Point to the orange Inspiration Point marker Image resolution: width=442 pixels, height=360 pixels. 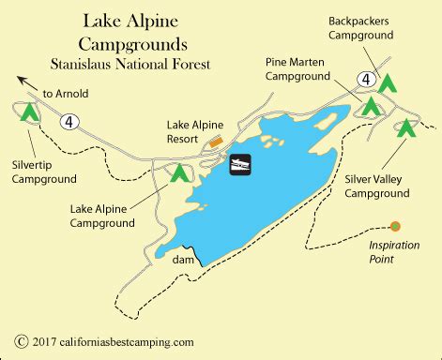pos(395,226)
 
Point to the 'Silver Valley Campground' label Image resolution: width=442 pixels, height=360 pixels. pos(376,185)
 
